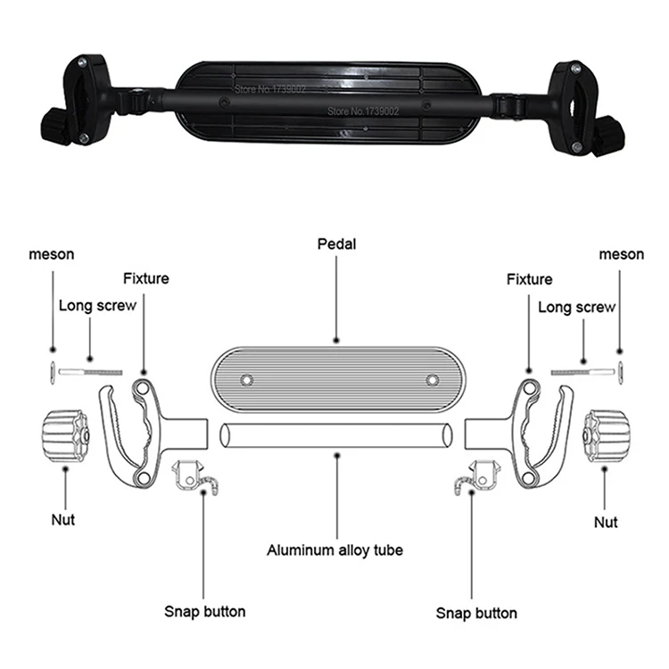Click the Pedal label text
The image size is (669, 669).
(x=336, y=243)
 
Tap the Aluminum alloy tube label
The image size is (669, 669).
(x=334, y=550)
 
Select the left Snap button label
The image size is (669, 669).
(x=204, y=611)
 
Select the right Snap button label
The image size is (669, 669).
(x=475, y=613)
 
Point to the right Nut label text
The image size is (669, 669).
(x=607, y=522)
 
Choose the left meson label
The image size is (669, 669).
(x=51, y=254)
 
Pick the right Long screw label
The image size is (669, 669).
(x=577, y=307)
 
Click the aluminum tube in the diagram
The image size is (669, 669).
(x=334, y=436)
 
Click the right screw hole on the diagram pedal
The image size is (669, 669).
(x=433, y=380)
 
